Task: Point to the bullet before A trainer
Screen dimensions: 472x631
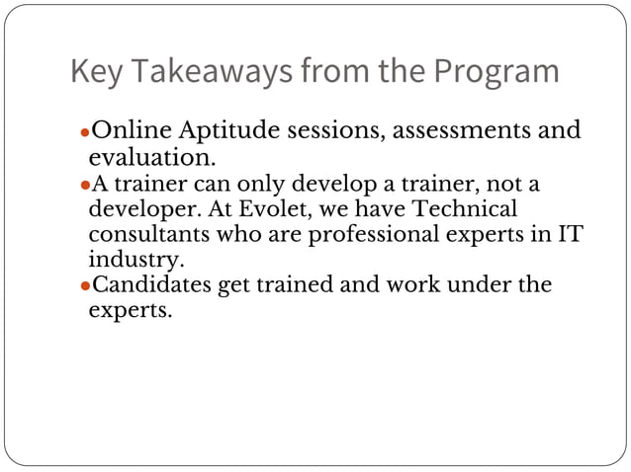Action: pyautogui.click(x=84, y=186)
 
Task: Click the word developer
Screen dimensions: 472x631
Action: pyautogui.click(x=146, y=209)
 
